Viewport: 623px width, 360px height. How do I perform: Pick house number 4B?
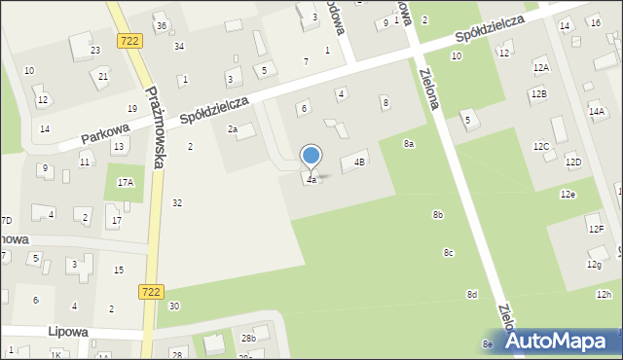click(360, 162)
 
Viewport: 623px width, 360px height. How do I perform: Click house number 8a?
click(409, 143)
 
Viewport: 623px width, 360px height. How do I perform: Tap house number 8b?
click(438, 214)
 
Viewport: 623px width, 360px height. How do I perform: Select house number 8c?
click(449, 253)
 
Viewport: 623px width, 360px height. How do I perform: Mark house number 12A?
click(540, 67)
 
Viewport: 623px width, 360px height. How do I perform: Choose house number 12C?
click(540, 146)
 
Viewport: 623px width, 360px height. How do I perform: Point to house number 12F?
click(595, 229)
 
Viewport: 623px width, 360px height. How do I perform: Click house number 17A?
click(126, 182)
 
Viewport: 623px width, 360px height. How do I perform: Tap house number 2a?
click(233, 129)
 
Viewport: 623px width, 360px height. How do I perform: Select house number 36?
click(162, 25)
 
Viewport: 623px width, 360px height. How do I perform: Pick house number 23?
click(95, 50)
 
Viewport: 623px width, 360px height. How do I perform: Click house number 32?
click(176, 202)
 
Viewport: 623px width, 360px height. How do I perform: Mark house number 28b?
click(249, 338)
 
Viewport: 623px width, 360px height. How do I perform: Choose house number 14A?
click(596, 112)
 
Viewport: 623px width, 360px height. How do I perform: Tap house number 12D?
click(572, 162)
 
